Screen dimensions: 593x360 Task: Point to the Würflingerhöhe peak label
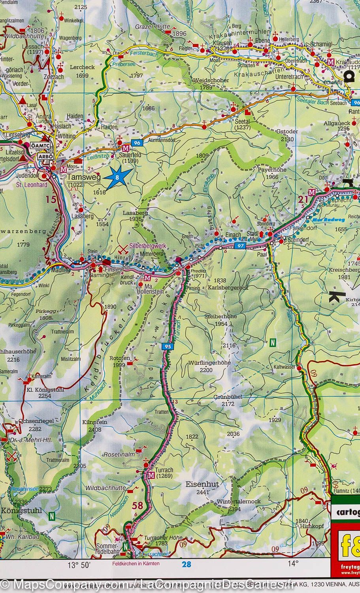point(209,363)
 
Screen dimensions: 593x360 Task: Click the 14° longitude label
point(292,564)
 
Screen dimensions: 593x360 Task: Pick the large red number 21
point(303,200)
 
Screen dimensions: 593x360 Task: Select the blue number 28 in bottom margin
point(187,564)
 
